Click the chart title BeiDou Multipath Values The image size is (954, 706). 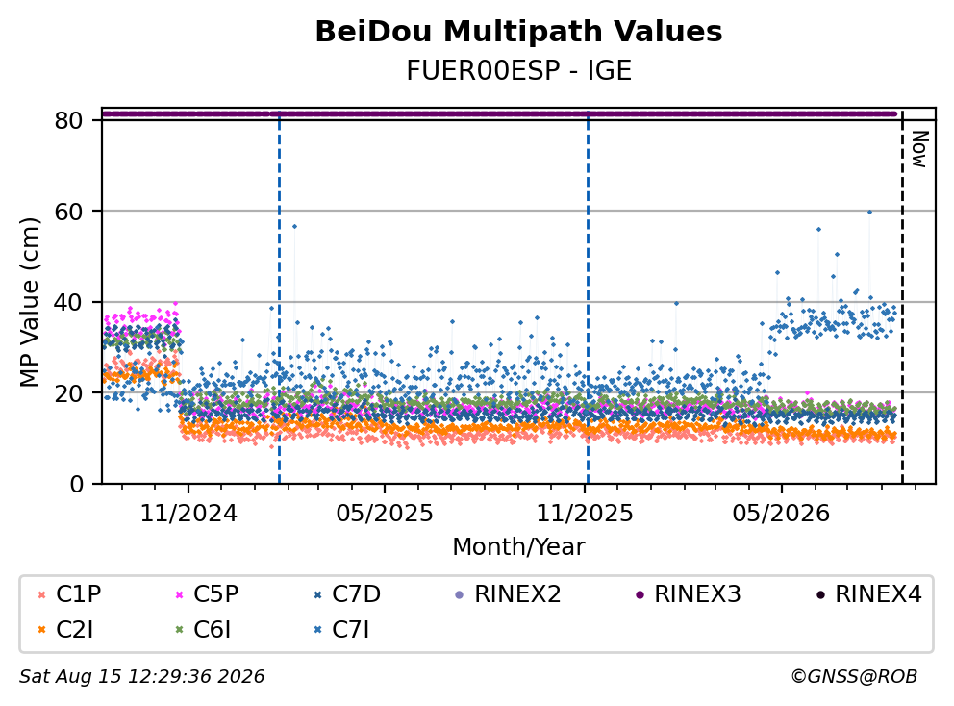click(518, 32)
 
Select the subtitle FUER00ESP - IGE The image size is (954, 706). click(518, 71)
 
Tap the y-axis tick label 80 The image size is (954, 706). click(68, 120)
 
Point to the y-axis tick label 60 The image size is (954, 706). click(68, 212)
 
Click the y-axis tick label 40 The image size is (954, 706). click(68, 302)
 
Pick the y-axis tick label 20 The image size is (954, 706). click(68, 393)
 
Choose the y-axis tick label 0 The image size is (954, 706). click(77, 484)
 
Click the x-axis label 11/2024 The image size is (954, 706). click(188, 514)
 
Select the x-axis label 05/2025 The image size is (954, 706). click(385, 514)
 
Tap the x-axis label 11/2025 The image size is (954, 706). click(585, 514)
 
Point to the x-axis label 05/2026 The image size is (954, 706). click(781, 514)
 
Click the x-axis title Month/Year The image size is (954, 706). click(518, 546)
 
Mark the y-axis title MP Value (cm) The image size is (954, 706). click(29, 302)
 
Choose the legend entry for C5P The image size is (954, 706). click(206, 594)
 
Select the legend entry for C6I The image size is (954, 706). click(203, 630)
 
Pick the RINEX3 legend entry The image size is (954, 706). click(689, 594)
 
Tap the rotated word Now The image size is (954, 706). click(919, 149)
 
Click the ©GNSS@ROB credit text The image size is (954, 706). click(854, 676)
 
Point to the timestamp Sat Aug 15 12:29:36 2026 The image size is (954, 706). click(142, 676)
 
